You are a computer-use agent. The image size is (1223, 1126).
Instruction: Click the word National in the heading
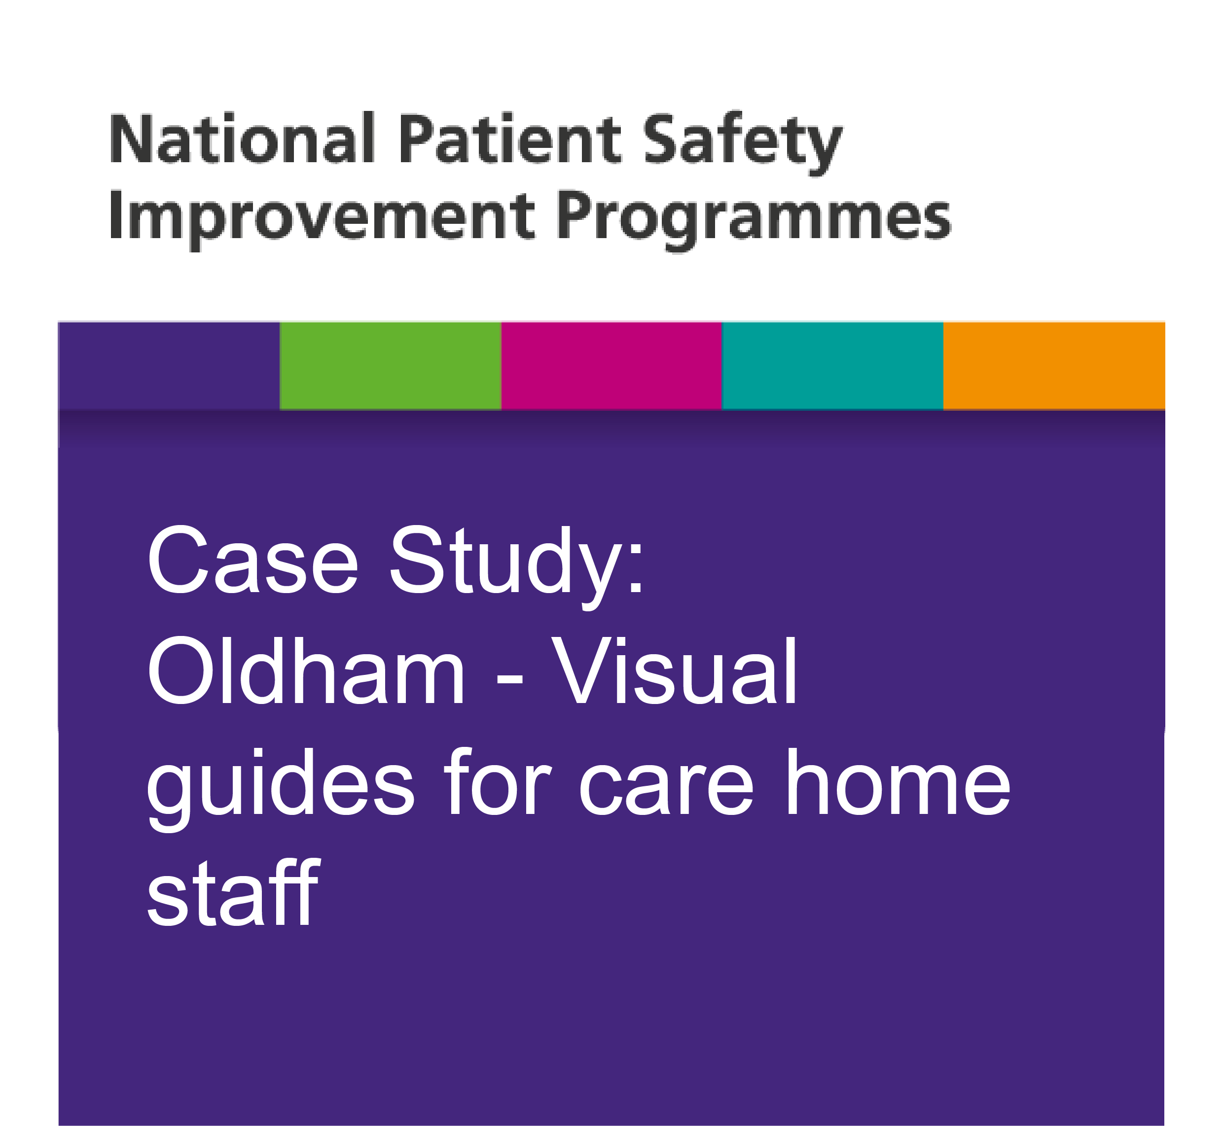pos(242,139)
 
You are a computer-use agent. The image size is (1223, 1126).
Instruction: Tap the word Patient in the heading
pos(510,139)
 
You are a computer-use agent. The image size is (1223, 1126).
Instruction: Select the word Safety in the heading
pos(743,143)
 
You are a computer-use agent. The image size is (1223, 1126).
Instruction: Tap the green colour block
pos(390,366)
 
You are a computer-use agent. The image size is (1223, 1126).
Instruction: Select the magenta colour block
pos(611,366)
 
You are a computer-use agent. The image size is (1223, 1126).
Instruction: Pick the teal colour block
pos(832,366)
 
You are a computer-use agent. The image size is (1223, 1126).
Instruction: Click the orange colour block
pos(1054,366)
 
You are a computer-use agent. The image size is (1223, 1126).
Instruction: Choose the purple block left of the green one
pos(169,366)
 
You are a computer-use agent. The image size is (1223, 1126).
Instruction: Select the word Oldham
pos(307,670)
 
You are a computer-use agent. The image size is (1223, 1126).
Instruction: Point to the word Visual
pos(675,670)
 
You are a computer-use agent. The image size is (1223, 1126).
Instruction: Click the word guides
pos(280,789)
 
